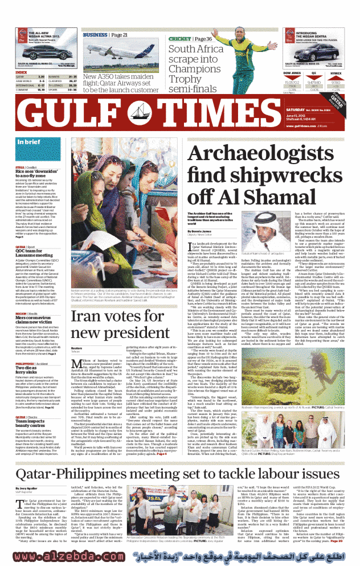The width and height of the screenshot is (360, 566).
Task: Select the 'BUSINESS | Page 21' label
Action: (106, 35)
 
